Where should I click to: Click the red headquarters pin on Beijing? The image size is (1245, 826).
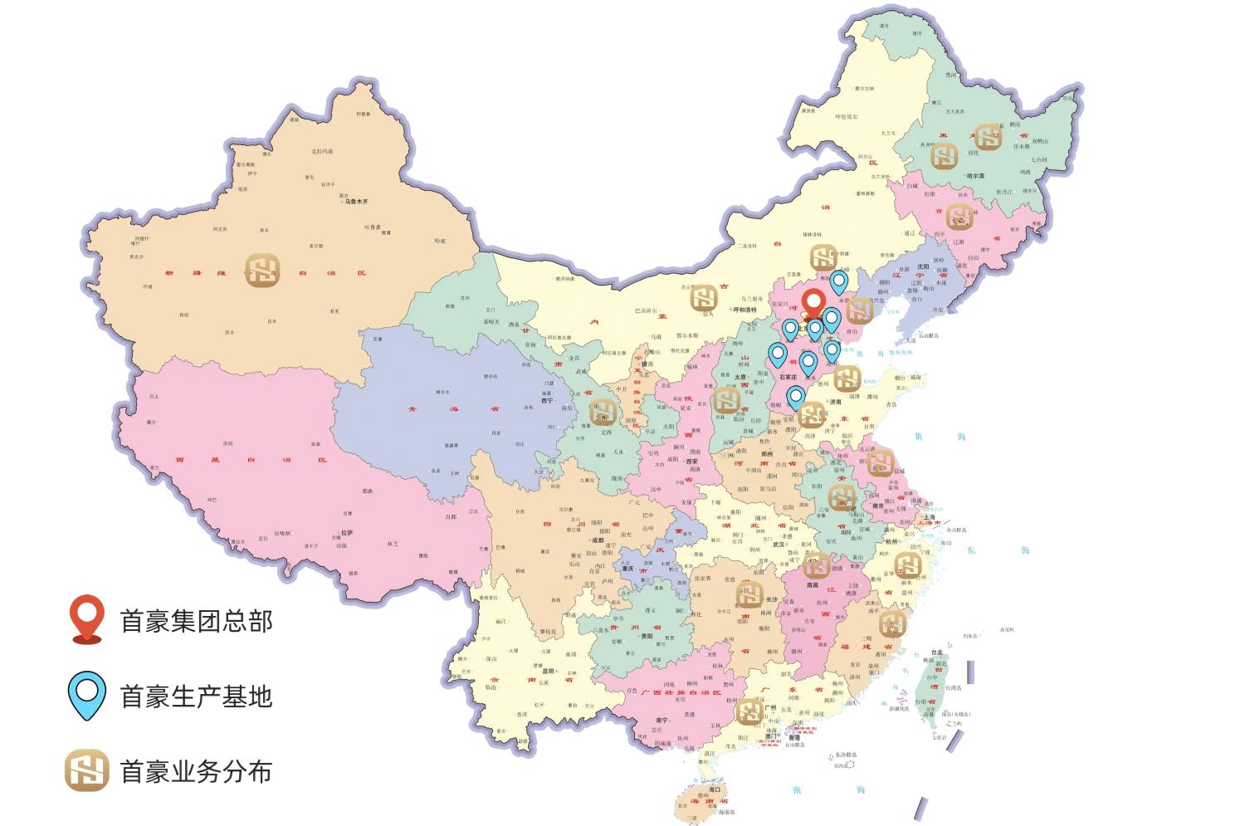click(x=814, y=304)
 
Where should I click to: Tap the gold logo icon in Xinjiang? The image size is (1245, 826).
click(x=263, y=271)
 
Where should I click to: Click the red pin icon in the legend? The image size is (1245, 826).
click(x=86, y=618)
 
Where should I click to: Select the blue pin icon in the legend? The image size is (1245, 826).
click(x=86, y=696)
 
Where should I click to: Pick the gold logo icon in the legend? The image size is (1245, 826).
click(x=86, y=771)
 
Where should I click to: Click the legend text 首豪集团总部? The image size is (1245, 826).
click(x=196, y=621)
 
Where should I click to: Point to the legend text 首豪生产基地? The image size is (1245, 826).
click(x=196, y=696)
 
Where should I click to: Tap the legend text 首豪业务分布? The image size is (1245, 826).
click(x=196, y=772)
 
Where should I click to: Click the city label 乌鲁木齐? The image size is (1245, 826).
click(x=356, y=202)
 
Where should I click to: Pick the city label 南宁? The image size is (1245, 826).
click(x=662, y=721)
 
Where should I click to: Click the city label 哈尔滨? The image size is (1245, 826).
click(x=975, y=176)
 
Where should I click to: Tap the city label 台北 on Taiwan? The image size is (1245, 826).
click(x=936, y=652)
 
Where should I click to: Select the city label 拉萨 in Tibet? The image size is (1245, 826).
click(x=347, y=533)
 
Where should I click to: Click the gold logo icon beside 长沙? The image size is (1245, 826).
click(x=749, y=594)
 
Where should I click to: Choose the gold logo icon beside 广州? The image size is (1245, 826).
click(x=749, y=711)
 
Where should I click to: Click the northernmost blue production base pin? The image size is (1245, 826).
click(x=838, y=281)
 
